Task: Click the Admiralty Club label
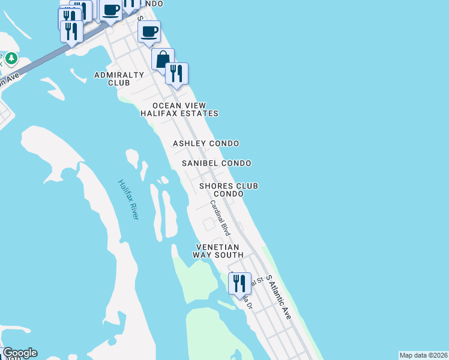pyautogui.click(x=119, y=79)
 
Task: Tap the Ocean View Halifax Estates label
pyautogui.click(x=179, y=109)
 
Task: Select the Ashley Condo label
pyautogui.click(x=206, y=143)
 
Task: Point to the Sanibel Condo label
pyautogui.click(x=217, y=163)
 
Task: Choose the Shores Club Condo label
pyautogui.click(x=229, y=190)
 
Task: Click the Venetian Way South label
pyautogui.click(x=215, y=251)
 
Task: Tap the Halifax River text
pyautogui.click(x=128, y=200)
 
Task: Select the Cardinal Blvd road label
pyautogui.click(x=220, y=217)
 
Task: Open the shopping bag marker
pyautogui.click(x=163, y=59)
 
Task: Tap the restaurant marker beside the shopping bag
pyautogui.click(x=176, y=73)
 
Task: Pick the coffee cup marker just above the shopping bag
pyautogui.click(x=149, y=32)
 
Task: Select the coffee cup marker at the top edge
pyautogui.click(x=110, y=10)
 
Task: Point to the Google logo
pyautogui.click(x=20, y=353)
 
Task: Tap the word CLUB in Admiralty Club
pyautogui.click(x=119, y=83)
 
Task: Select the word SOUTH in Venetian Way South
pyautogui.click(x=226, y=255)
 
